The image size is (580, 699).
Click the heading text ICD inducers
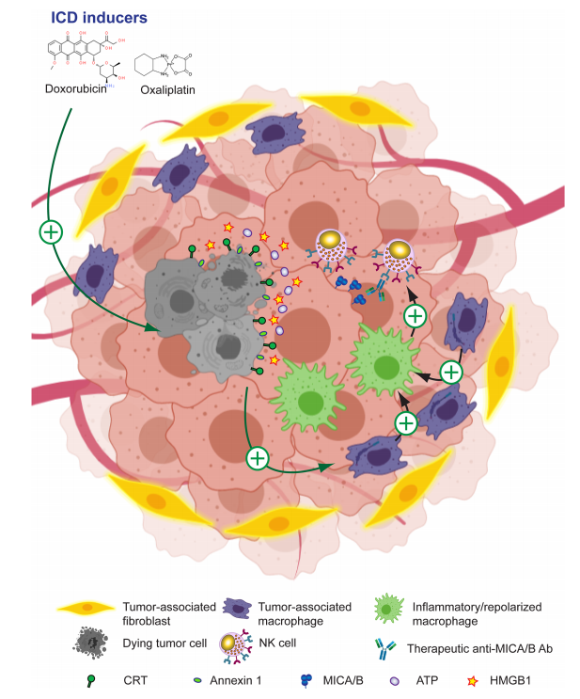[x=97, y=16]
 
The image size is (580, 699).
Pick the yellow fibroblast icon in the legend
[x=84, y=609]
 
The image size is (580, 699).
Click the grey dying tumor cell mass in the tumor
[x=202, y=310]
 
